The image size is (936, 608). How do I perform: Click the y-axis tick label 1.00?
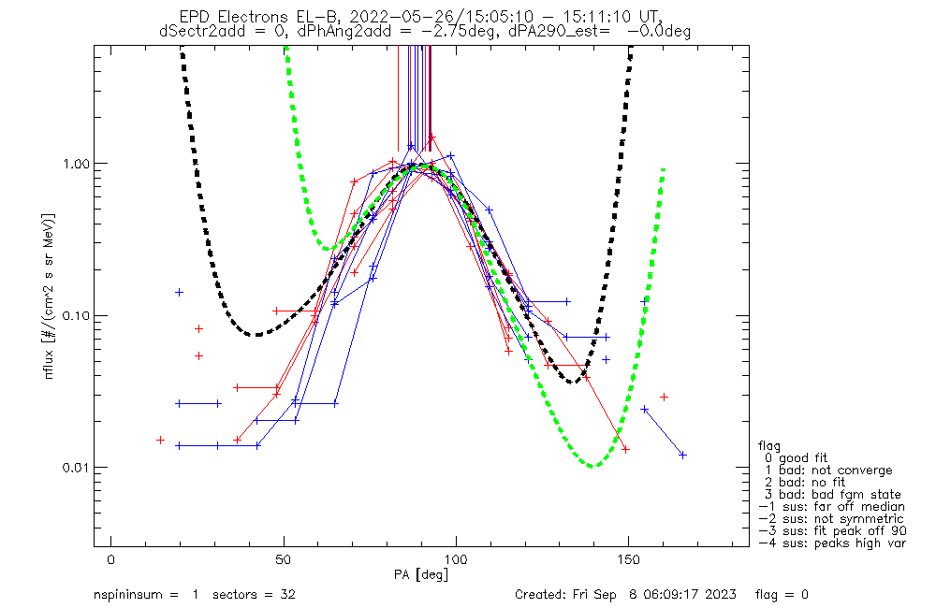(75, 163)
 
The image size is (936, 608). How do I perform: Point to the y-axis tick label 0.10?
(75, 315)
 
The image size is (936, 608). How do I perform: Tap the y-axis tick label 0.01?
(75, 467)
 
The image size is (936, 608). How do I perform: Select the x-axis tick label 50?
(284, 559)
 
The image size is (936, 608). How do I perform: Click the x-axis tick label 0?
(111, 559)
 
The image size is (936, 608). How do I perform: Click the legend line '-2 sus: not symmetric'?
(831, 518)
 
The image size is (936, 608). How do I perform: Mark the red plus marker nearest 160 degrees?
(664, 397)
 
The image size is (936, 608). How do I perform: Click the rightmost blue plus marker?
(683, 455)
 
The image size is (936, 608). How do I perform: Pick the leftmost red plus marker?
(160, 440)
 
